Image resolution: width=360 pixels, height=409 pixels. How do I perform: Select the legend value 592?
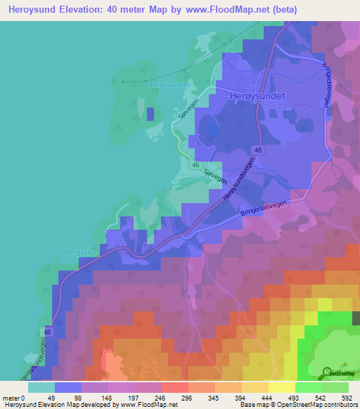(347, 398)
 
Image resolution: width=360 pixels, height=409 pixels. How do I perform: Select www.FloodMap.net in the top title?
(226, 10)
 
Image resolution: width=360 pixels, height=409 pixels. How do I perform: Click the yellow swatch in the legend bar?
(281, 387)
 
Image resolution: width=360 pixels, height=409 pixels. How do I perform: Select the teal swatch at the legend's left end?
(41, 387)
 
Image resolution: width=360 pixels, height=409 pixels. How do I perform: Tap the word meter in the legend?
(11, 398)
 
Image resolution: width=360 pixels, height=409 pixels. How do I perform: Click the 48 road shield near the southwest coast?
(48, 331)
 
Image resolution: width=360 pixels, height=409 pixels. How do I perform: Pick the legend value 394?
(239, 398)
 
